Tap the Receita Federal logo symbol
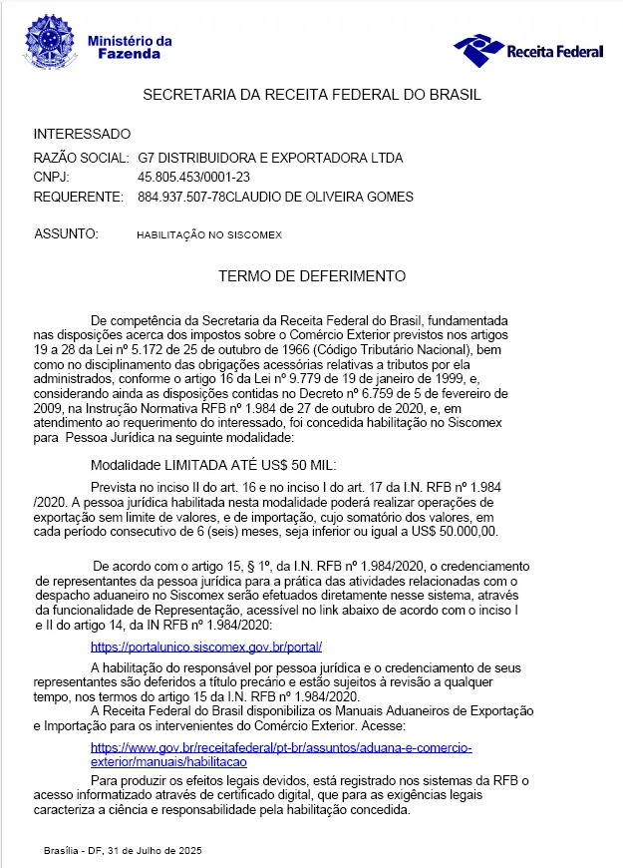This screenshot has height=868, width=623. (x=477, y=47)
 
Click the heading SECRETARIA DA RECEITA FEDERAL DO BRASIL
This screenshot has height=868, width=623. (x=312, y=96)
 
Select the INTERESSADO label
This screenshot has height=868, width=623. (x=82, y=134)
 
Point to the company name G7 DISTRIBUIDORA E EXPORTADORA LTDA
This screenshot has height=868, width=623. (x=270, y=159)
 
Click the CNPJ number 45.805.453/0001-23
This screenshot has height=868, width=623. (x=193, y=178)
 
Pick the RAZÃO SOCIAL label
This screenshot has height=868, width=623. (x=81, y=159)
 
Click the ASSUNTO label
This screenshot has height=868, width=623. (x=66, y=233)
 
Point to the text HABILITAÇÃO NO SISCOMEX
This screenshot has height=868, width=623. (x=210, y=234)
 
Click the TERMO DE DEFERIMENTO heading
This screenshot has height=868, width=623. (x=312, y=274)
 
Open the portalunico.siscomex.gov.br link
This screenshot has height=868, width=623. (x=206, y=647)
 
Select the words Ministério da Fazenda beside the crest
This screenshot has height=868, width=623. (x=130, y=47)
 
